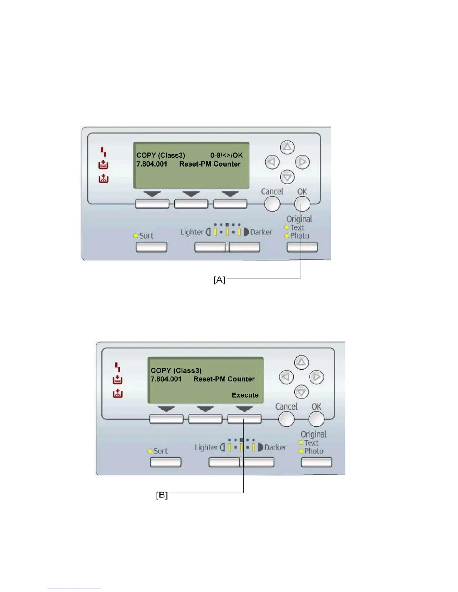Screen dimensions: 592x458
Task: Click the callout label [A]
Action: click(219, 280)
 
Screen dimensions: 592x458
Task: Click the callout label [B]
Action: click(162, 495)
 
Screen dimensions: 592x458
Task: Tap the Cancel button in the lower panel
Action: click(286, 419)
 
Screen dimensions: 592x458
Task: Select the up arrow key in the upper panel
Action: click(287, 147)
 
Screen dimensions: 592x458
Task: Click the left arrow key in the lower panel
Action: click(286, 377)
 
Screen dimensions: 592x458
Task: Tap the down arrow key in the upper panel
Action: click(287, 177)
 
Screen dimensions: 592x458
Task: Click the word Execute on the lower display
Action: click(245, 395)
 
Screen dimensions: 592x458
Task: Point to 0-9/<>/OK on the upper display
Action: click(226, 155)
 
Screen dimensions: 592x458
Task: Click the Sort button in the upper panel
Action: click(151, 247)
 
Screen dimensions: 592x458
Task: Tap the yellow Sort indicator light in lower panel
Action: click(150, 451)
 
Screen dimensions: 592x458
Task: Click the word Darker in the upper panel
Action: click(261, 232)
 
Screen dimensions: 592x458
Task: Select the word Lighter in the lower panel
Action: click(206, 447)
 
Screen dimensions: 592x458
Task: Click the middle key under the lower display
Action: click(205, 419)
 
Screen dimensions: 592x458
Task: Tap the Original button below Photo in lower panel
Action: click(316, 462)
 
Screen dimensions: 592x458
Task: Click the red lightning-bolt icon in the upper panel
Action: click(103, 152)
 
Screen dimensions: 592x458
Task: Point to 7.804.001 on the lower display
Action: click(166, 379)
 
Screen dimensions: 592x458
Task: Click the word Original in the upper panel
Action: click(299, 219)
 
